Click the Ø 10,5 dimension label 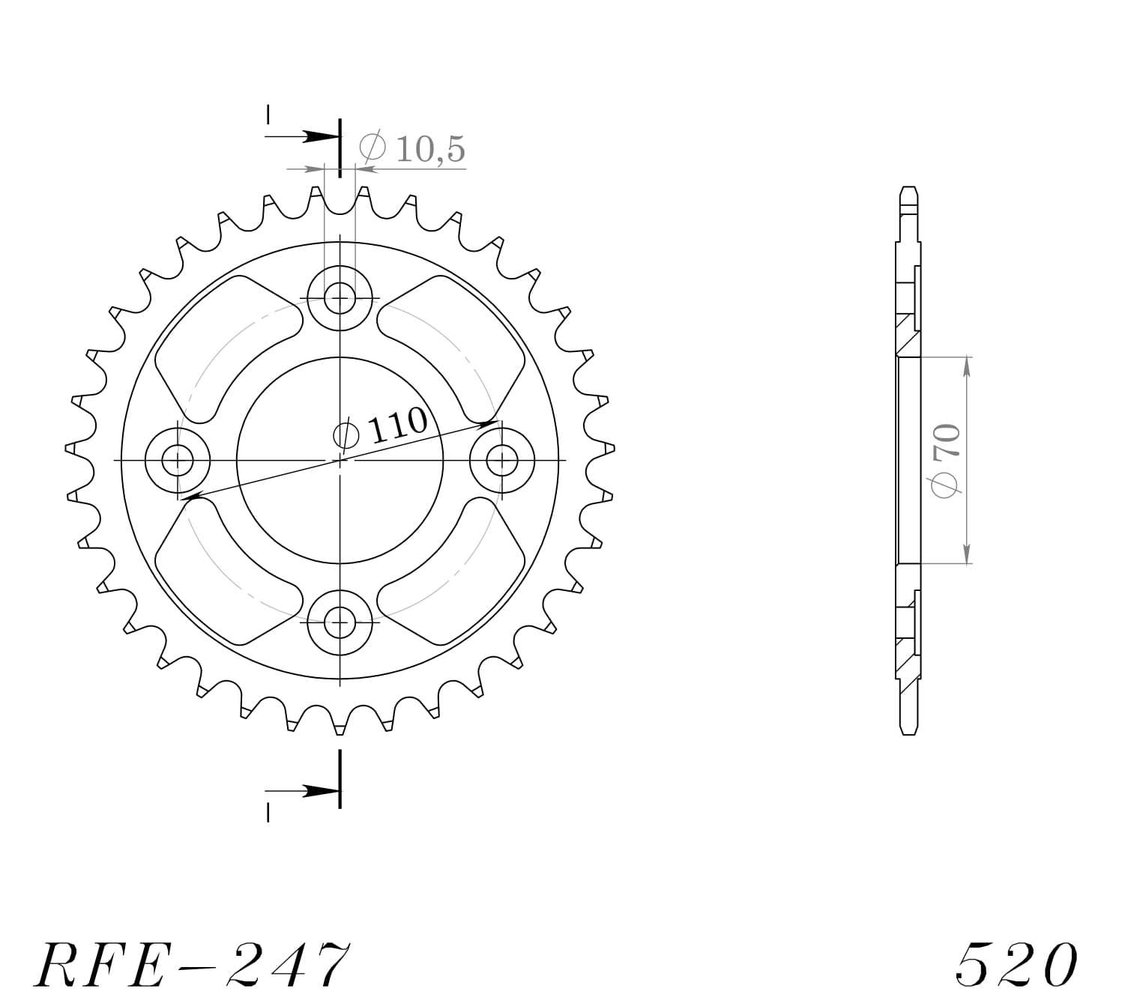pyautogui.click(x=412, y=148)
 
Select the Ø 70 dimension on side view pyautogui.click(x=946, y=459)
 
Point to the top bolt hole pyautogui.click(x=340, y=298)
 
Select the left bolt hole pyautogui.click(x=178, y=459)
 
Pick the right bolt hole pyautogui.click(x=501, y=459)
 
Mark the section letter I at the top pyautogui.click(x=268, y=114)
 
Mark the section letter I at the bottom pyautogui.click(x=268, y=812)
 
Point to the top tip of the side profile pyautogui.click(x=908, y=189)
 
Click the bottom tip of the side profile pyautogui.click(x=908, y=732)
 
